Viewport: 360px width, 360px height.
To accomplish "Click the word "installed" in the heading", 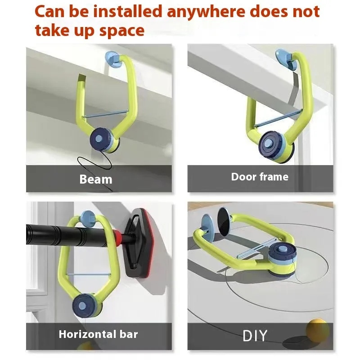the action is (x=128, y=12).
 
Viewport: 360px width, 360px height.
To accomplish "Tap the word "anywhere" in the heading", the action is (x=206, y=12).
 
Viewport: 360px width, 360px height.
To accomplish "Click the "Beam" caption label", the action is (x=96, y=179).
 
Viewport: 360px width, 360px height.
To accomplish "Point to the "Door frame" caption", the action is (x=260, y=177).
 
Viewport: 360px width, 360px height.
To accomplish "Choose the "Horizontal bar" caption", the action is (x=98, y=334).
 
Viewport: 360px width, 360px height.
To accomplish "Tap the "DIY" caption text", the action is (x=255, y=336).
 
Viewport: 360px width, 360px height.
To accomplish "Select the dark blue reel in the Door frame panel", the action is (x=270, y=144).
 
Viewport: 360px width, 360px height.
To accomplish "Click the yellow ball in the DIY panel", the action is (x=318, y=330).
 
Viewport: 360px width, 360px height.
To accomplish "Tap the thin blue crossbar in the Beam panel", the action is (x=106, y=114).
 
